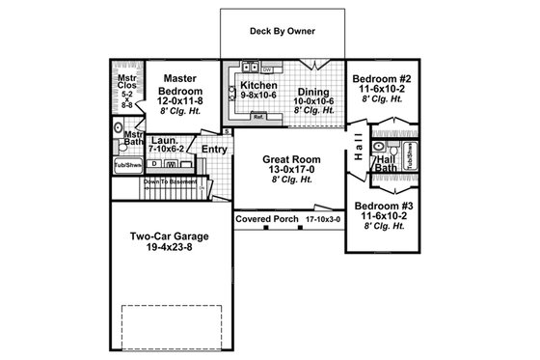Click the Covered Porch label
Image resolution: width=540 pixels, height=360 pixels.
[267, 219]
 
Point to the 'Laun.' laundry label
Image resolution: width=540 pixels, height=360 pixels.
[165, 141]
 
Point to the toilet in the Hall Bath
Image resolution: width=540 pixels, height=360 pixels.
[378, 149]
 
